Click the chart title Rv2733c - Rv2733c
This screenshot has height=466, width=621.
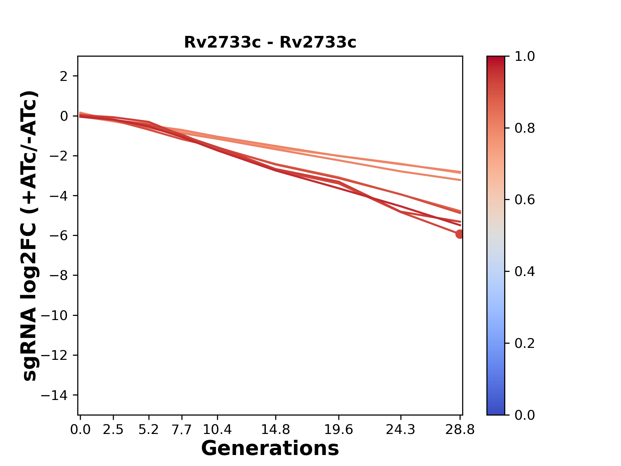click(x=270, y=42)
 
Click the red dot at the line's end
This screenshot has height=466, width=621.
click(x=459, y=234)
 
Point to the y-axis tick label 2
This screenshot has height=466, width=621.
click(x=64, y=76)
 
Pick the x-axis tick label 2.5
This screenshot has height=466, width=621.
click(x=113, y=430)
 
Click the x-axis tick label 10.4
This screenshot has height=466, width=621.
click(x=217, y=430)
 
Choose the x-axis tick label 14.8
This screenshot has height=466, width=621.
click(x=276, y=430)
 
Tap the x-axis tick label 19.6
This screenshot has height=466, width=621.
click(x=339, y=430)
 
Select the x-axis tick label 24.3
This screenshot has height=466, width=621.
click(x=401, y=430)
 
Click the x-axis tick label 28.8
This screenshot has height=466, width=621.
click(x=460, y=430)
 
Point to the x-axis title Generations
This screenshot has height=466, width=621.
click(x=270, y=449)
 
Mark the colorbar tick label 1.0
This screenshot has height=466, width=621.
click(x=525, y=57)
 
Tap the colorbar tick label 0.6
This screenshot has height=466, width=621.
click(x=525, y=200)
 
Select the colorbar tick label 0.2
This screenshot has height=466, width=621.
click(x=525, y=343)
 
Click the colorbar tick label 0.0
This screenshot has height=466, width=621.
click(x=525, y=415)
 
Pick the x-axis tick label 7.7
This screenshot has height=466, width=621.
click(x=182, y=430)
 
